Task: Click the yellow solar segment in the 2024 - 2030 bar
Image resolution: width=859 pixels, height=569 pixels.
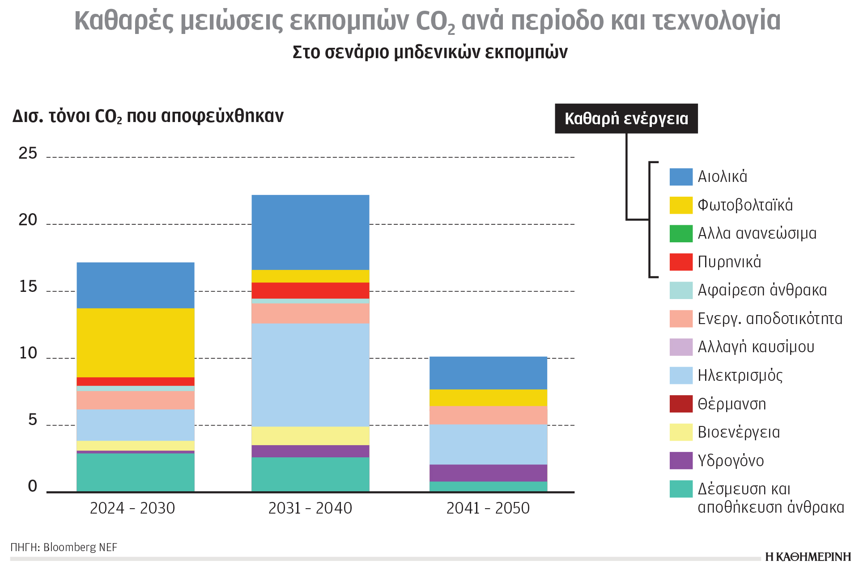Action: (136, 342)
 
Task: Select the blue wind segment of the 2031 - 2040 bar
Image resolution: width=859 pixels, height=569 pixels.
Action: (310, 232)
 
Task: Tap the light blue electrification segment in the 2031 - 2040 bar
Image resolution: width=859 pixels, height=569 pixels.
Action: (310, 375)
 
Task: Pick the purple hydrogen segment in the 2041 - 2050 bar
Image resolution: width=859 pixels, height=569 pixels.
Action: (488, 473)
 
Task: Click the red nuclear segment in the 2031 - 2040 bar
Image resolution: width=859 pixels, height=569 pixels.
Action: (310, 291)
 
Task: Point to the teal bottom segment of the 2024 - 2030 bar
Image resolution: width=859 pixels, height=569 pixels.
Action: (136, 472)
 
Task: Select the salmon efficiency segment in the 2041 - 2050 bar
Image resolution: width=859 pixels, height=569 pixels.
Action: (488, 415)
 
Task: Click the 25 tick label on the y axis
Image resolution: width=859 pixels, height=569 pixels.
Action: (28, 154)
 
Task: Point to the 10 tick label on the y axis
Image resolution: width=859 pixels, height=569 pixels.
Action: (28, 354)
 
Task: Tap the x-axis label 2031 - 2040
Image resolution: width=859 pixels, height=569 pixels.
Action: (310, 508)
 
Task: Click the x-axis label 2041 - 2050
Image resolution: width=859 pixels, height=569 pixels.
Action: (488, 508)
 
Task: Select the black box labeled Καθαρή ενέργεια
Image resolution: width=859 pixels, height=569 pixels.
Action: (626, 118)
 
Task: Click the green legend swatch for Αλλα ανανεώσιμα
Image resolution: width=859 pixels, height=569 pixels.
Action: (680, 233)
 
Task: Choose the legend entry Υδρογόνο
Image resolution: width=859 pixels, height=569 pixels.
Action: (730, 461)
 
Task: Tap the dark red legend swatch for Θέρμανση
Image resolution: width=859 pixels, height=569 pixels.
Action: (680, 404)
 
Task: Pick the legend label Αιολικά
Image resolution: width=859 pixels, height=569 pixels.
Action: (722, 177)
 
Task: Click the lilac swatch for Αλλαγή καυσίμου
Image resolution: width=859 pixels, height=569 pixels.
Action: (680, 347)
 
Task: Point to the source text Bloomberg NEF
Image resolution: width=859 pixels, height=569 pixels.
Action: (80, 547)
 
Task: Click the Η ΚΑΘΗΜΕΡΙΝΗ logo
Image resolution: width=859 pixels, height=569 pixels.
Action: (808, 557)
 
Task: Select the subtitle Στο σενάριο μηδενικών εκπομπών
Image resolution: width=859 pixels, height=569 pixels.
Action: (429, 52)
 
